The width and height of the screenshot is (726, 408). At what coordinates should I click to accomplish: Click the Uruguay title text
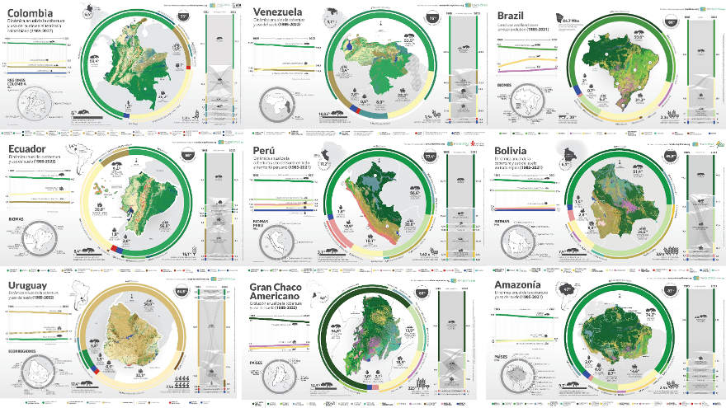[31, 288]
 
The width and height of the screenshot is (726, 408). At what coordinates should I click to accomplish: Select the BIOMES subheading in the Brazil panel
[505, 83]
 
